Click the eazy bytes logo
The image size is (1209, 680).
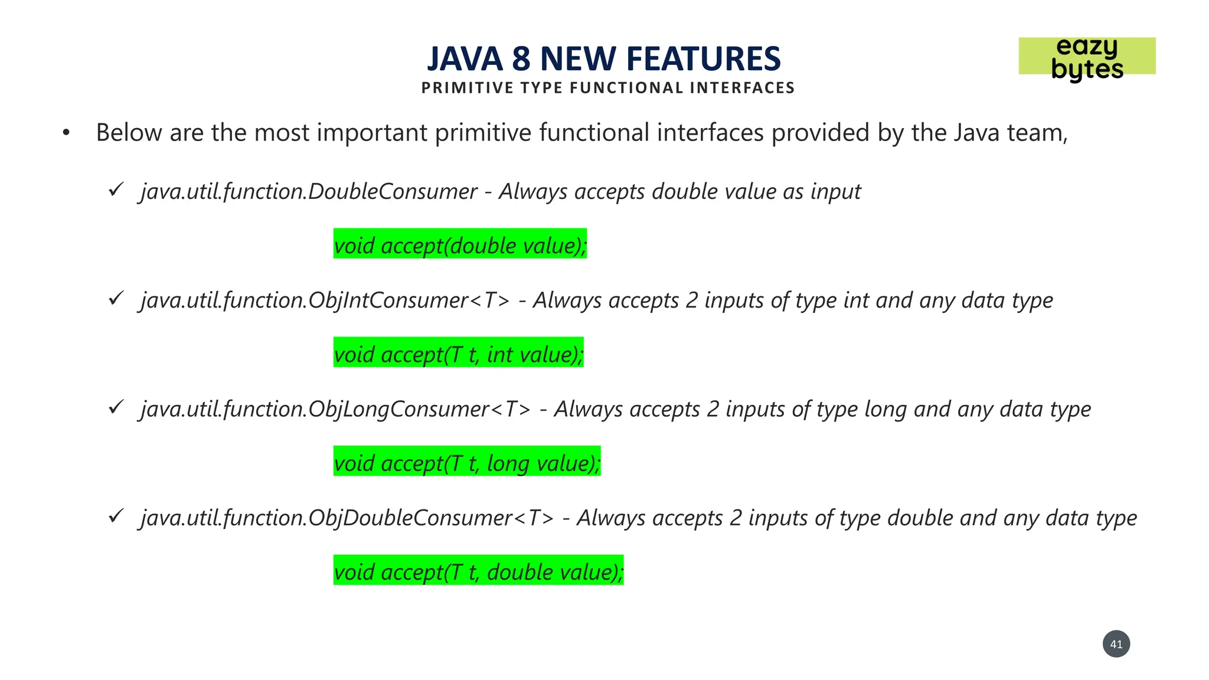[1086, 57]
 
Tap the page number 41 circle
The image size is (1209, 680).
[1116, 644]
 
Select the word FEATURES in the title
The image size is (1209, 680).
[703, 59]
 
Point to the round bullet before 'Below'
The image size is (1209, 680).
[66, 133]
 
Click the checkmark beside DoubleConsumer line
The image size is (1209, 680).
[116, 189]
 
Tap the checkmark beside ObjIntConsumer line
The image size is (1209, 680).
[116, 298]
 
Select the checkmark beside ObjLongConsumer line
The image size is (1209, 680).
[116, 407]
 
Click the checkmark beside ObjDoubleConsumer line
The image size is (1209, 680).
[116, 516]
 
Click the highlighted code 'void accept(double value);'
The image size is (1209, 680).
[460, 244]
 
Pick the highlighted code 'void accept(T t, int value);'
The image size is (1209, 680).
[458, 353]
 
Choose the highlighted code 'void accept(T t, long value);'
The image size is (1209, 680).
[466, 462]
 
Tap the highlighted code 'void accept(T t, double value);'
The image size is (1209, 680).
[478, 571]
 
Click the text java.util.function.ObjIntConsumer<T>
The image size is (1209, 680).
[325, 300]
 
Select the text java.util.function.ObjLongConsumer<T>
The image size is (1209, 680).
[335, 409]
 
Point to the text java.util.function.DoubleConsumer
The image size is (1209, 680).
[309, 192]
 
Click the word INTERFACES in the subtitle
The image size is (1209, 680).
[742, 88]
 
